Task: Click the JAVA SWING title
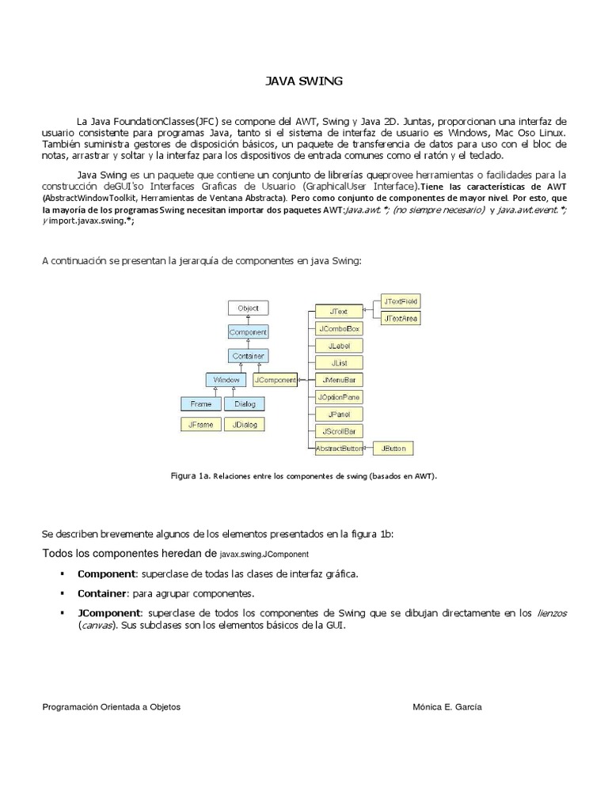(303, 81)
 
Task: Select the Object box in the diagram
(248, 308)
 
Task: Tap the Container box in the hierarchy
(248, 356)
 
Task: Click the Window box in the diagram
(226, 380)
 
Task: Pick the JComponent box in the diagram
(275, 380)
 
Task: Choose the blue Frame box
(201, 404)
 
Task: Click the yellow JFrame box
(201, 425)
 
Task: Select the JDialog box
(245, 425)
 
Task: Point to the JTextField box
(401, 301)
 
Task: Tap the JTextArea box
(401, 319)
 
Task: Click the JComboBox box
(339, 328)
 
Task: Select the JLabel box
(339, 346)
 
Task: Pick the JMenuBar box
(339, 380)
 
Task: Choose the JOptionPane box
(339, 397)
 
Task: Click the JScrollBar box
(339, 431)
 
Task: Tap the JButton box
(393, 449)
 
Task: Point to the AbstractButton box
(339, 449)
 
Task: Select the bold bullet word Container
(102, 592)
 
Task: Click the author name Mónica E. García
(447, 708)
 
